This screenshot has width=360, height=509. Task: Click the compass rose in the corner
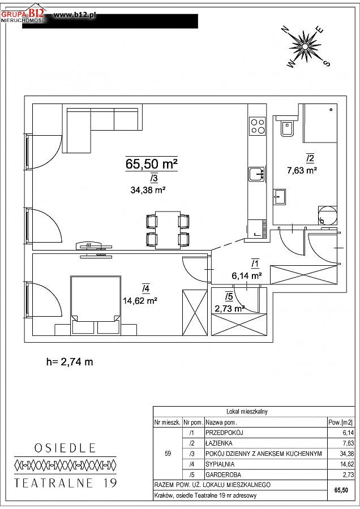coord(305,46)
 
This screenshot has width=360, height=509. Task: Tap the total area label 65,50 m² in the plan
coord(151,164)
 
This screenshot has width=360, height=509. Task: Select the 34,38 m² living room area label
coord(148,190)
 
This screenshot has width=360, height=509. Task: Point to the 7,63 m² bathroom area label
coord(302,170)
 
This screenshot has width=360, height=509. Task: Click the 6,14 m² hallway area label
coord(247,276)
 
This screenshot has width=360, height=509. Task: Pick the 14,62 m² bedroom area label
coord(140,301)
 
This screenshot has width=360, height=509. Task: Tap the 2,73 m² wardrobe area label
coord(229,308)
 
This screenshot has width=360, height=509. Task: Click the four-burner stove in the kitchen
coord(257,126)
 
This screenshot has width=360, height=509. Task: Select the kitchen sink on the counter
coord(257,174)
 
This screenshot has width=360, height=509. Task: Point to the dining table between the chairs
coord(168,230)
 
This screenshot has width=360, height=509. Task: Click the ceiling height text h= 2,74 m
coord(70,361)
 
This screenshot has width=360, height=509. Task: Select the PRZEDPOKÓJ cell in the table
coord(224,433)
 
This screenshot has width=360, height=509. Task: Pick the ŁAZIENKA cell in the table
coord(219,443)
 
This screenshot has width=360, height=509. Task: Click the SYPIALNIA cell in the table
coord(220,464)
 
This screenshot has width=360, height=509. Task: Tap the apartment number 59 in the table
coord(168,454)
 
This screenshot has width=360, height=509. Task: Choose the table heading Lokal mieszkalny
coord(247,412)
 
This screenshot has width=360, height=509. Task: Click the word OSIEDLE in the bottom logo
coord(65,448)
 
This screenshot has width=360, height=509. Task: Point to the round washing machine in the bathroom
coord(328,215)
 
